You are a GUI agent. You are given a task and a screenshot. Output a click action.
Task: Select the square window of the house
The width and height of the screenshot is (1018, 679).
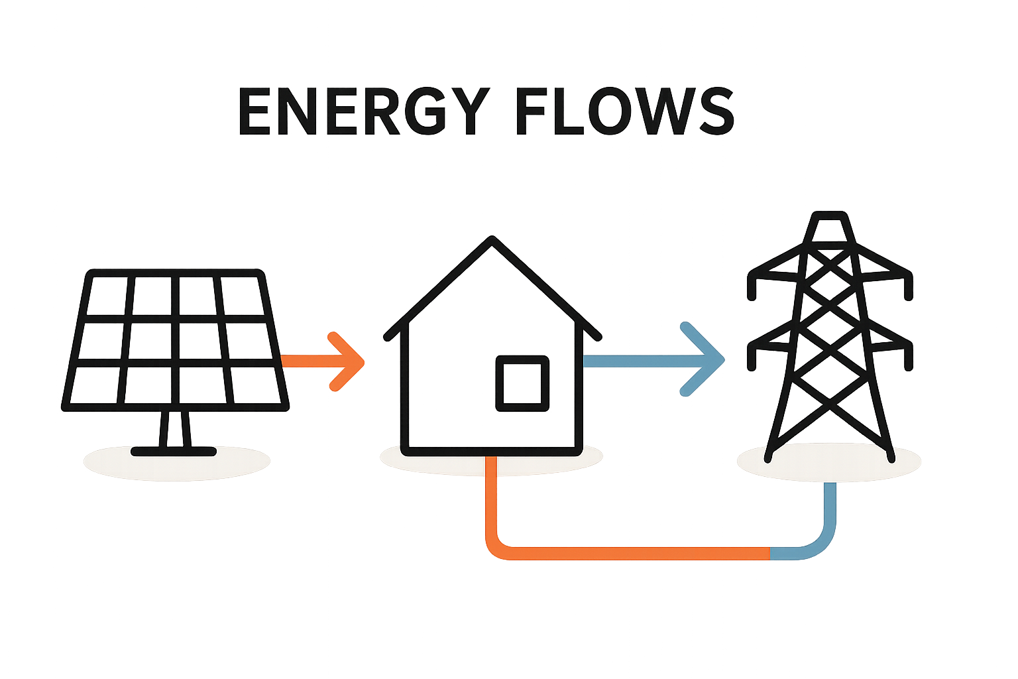[522, 383]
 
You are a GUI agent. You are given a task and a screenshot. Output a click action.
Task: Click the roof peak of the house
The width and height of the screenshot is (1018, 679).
[491, 240]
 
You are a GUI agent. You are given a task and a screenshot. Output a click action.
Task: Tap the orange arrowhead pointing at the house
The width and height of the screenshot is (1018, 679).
[355, 361]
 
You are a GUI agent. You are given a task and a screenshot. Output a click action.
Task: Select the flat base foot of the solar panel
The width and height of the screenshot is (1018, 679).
[174, 451]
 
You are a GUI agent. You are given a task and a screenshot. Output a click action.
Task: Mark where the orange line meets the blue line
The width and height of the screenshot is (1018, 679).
[770, 554]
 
